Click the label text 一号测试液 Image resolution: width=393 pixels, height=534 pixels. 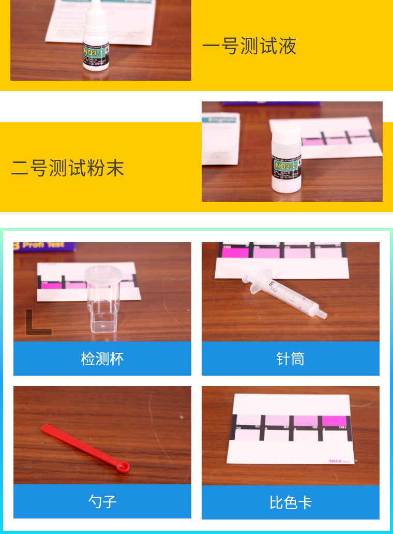(x=249, y=46)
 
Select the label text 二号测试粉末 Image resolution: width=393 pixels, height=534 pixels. (x=67, y=168)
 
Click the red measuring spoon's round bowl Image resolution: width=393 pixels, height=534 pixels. (x=123, y=468)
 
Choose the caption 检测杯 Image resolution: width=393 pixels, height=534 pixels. (x=102, y=359)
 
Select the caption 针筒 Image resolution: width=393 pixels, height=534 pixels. (x=290, y=359)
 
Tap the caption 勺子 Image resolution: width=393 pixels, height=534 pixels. (x=102, y=501)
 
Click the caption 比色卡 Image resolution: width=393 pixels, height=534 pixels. (x=290, y=502)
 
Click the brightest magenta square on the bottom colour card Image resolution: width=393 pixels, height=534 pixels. (x=334, y=420)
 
